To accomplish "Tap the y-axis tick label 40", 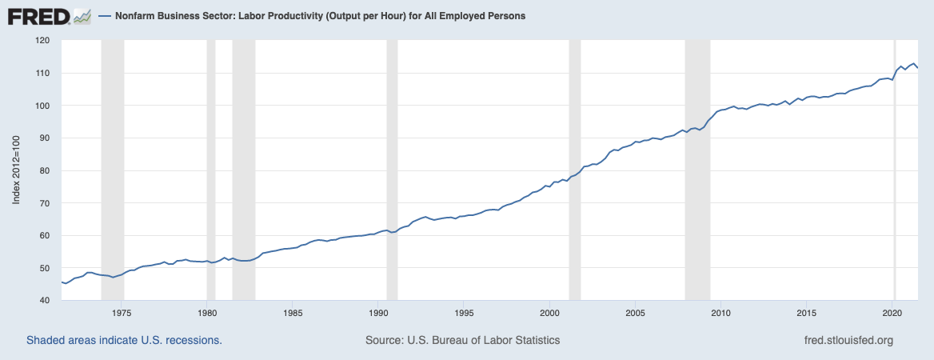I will click(45, 301).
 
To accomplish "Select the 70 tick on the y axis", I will click(45, 203).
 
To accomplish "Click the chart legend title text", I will click(314, 16).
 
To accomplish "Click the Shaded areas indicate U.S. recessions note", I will click(124, 340).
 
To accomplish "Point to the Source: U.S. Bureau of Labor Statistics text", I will click(462, 340).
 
